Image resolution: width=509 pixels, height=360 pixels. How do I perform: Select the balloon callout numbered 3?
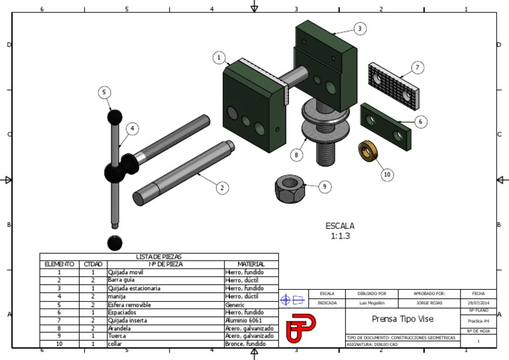click(x=359, y=29)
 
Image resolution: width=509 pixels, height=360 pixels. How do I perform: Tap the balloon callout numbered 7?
click(x=417, y=68)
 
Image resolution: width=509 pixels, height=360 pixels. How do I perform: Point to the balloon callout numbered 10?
click(x=387, y=174)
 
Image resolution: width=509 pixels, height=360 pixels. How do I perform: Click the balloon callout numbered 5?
click(x=105, y=92)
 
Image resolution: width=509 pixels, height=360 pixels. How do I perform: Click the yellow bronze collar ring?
click(x=366, y=150)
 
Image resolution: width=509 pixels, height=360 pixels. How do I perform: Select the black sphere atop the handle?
click(x=115, y=117)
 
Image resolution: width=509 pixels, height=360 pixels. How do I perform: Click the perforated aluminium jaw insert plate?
click(x=393, y=86)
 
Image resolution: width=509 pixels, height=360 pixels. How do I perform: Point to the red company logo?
click(x=302, y=329)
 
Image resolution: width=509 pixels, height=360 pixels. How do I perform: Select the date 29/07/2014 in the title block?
click(x=479, y=303)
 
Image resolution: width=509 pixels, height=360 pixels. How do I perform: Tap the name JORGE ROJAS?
click(x=429, y=303)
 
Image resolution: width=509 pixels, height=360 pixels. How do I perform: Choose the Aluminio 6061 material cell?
click(x=244, y=320)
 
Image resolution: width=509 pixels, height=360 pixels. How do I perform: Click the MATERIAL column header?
click(x=251, y=264)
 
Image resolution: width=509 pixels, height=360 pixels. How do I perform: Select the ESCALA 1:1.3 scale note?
click(x=339, y=231)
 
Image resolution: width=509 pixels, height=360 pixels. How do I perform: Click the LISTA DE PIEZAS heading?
click(x=158, y=257)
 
